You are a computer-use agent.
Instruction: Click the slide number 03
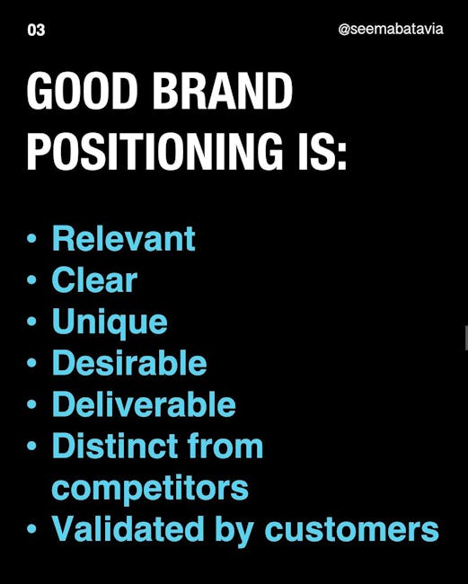click(x=36, y=31)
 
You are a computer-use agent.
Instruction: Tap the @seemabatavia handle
click(x=391, y=29)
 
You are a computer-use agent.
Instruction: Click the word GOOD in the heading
click(x=83, y=91)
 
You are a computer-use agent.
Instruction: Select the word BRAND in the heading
click(x=223, y=91)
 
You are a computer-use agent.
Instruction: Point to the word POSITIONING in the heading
click(x=155, y=151)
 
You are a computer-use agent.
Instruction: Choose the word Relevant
click(x=124, y=238)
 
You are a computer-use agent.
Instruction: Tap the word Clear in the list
click(x=94, y=279)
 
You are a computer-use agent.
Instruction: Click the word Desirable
click(x=129, y=362)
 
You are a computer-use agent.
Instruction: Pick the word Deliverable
click(x=144, y=404)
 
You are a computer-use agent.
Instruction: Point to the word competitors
click(x=150, y=489)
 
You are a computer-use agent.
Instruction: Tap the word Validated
click(x=128, y=528)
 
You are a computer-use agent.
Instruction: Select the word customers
click(x=352, y=529)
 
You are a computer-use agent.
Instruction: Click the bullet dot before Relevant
click(x=32, y=238)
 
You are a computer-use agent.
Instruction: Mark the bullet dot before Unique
click(x=32, y=321)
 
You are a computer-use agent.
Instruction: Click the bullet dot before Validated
click(x=32, y=528)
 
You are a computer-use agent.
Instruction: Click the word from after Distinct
click(x=225, y=446)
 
